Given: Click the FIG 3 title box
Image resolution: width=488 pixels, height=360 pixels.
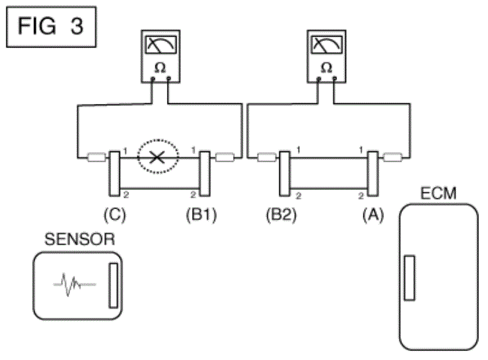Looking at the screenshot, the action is (x=51, y=27).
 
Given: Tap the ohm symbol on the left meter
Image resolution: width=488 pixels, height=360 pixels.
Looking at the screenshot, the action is (x=161, y=67).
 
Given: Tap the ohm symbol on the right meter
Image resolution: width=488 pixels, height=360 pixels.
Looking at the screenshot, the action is (x=326, y=67).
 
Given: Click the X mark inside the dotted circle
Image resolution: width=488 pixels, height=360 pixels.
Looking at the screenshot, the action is (x=157, y=158).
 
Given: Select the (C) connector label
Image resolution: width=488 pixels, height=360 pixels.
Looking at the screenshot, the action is (x=115, y=215).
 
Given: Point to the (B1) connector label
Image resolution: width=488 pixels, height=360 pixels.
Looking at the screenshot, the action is (x=202, y=215).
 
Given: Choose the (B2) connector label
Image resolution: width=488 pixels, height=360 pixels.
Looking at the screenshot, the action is (x=282, y=215).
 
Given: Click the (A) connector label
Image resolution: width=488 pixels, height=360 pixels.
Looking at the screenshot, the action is (x=373, y=215).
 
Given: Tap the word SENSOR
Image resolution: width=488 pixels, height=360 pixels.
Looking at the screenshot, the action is (x=80, y=239).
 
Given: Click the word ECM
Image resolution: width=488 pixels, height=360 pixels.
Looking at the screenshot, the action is (x=438, y=194).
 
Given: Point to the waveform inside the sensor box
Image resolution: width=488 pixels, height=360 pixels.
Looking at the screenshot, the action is (x=74, y=284).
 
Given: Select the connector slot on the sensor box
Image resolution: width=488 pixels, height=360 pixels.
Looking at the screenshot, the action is (x=113, y=286).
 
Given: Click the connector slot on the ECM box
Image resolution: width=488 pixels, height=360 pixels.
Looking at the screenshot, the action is (x=409, y=278).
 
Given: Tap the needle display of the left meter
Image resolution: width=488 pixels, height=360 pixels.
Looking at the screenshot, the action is (x=161, y=44).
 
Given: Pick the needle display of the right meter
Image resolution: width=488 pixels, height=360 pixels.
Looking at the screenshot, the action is (x=327, y=44).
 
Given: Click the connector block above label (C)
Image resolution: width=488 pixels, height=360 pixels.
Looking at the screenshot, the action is (x=114, y=174).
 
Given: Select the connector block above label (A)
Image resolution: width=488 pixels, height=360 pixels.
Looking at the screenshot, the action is (x=373, y=174).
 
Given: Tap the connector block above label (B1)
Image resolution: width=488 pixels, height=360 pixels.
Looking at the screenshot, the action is (x=204, y=174).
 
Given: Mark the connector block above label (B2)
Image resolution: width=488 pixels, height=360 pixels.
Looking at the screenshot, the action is (x=284, y=174).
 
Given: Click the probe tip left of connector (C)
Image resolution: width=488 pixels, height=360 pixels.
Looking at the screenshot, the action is (x=96, y=157).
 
